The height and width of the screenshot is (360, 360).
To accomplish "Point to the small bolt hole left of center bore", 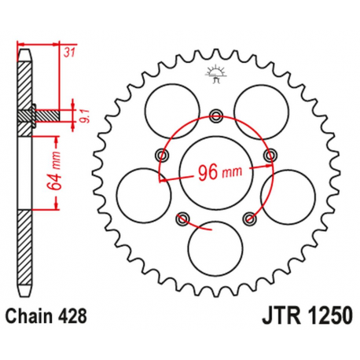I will coord(161,152).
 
